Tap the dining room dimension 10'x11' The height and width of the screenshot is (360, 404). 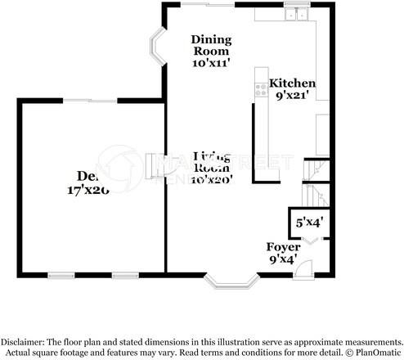[211, 61]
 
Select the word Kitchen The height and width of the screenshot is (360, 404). [292, 83]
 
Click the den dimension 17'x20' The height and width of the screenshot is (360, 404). [88, 190]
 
